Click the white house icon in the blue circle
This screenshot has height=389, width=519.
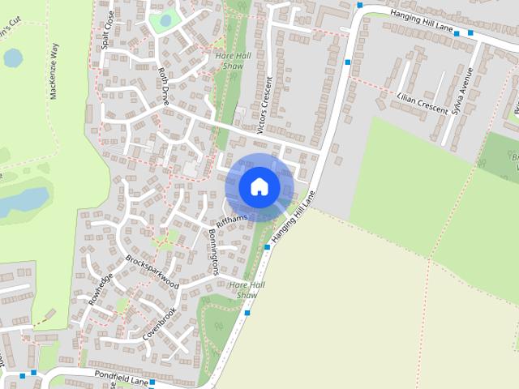click(259, 186)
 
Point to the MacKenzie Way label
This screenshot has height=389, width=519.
click(54, 71)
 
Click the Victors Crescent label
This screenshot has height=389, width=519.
click(264, 105)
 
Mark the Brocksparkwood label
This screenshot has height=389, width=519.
click(152, 271)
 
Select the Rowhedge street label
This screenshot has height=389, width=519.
click(101, 287)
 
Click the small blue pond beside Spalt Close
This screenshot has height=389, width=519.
click(166, 19)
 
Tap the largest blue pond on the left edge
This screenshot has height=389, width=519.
click(22, 200)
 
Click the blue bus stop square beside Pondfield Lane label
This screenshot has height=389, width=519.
click(152, 378)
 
